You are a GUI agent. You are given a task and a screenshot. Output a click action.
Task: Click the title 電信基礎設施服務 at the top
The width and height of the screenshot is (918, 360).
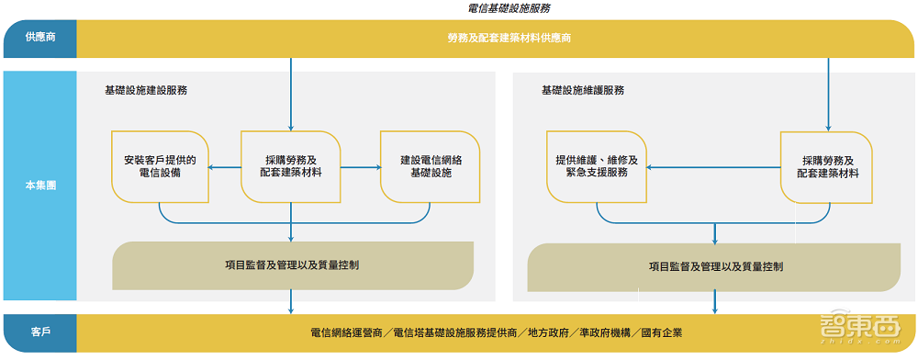[509, 8]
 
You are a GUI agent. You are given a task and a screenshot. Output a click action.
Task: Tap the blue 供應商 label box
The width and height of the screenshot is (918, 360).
[39, 38]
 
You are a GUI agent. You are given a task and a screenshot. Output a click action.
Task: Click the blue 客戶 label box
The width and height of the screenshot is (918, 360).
[39, 332]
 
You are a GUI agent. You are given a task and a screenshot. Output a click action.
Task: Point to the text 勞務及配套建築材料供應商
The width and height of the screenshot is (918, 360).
[497, 38]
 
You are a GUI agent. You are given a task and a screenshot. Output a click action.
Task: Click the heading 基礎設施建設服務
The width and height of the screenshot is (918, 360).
[147, 91]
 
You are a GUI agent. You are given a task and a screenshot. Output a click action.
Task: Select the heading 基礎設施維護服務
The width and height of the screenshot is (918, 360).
[583, 91]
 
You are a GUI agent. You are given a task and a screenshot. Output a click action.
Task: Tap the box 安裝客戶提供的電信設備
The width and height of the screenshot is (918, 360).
[160, 166]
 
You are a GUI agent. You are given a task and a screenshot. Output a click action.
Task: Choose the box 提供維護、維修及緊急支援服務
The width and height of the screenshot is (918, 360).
[598, 166]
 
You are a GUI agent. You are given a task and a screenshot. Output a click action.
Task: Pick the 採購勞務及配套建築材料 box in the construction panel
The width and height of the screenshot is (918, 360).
[291, 166]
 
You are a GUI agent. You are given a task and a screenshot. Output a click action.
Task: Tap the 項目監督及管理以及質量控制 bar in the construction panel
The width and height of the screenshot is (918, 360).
[292, 264]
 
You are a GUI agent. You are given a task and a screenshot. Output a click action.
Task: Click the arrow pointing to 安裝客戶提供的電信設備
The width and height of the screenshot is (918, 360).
[215, 167]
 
